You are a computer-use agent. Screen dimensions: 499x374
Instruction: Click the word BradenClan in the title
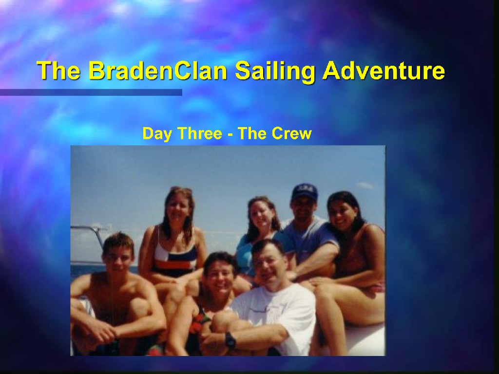[x=157, y=70]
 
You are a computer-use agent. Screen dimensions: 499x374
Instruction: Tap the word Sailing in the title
[x=275, y=71]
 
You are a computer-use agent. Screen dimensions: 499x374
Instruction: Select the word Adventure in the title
[x=384, y=70]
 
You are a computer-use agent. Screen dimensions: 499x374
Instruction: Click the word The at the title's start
[x=58, y=70]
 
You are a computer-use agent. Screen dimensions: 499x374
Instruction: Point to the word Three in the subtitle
[x=200, y=133]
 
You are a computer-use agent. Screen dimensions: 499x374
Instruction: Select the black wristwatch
[x=230, y=339]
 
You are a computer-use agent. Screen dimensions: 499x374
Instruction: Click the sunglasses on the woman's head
[x=181, y=190]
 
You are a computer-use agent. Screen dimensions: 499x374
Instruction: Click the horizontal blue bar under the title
[x=91, y=92]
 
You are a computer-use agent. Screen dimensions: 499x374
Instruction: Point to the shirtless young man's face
[x=118, y=257]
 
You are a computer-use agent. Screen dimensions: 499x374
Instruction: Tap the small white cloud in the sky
[x=365, y=185]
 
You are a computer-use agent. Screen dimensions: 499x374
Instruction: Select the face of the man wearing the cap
[x=303, y=209]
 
